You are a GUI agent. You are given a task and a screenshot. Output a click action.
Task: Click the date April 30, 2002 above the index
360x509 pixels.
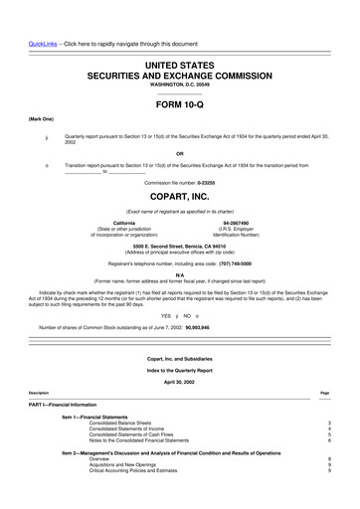click(180, 380)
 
